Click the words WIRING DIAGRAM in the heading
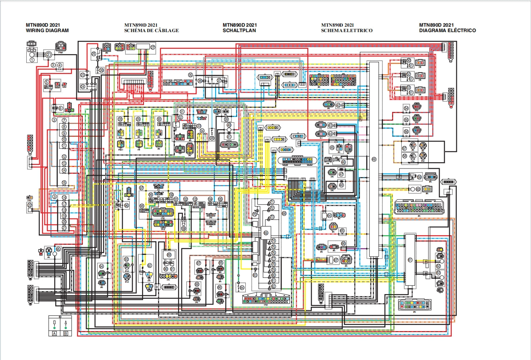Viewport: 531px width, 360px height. (x=47, y=30)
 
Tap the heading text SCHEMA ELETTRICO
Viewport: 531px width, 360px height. (x=347, y=30)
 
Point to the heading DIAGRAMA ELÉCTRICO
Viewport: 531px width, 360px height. (x=447, y=30)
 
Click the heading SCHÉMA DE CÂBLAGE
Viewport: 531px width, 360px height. (x=151, y=30)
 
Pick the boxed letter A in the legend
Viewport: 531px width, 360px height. (x=55, y=333)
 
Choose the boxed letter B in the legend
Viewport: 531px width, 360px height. (x=65, y=333)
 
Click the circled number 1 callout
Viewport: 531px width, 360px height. (x=32, y=60)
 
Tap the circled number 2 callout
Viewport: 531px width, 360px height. (x=48, y=55)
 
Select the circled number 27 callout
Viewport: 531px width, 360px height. (x=153, y=48)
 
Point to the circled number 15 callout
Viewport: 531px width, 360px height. (x=64, y=183)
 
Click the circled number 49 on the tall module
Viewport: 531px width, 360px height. (x=374, y=159)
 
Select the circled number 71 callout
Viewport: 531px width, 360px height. (x=272, y=202)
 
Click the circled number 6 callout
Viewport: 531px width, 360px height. (x=60, y=108)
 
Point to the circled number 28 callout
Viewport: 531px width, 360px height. (x=120, y=119)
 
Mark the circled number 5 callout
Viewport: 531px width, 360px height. (x=47, y=82)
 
